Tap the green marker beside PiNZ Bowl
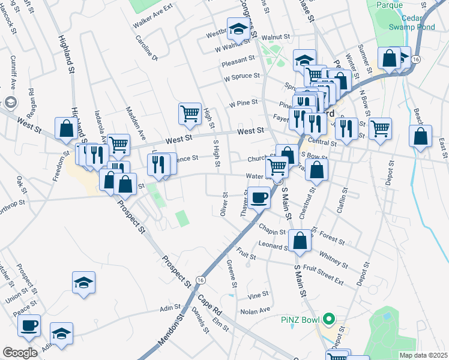[328, 318]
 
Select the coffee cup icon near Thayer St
[259, 197]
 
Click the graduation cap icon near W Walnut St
[238, 29]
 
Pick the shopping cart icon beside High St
[190, 113]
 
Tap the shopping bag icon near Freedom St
[65, 128]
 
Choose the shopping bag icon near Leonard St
[300, 240]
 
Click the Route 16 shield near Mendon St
[200, 280]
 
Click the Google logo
[20, 353]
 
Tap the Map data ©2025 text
[423, 355]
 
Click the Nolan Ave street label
[256, 311]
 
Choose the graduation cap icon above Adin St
[83, 284]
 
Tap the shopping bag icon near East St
[421, 136]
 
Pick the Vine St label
[258, 296]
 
